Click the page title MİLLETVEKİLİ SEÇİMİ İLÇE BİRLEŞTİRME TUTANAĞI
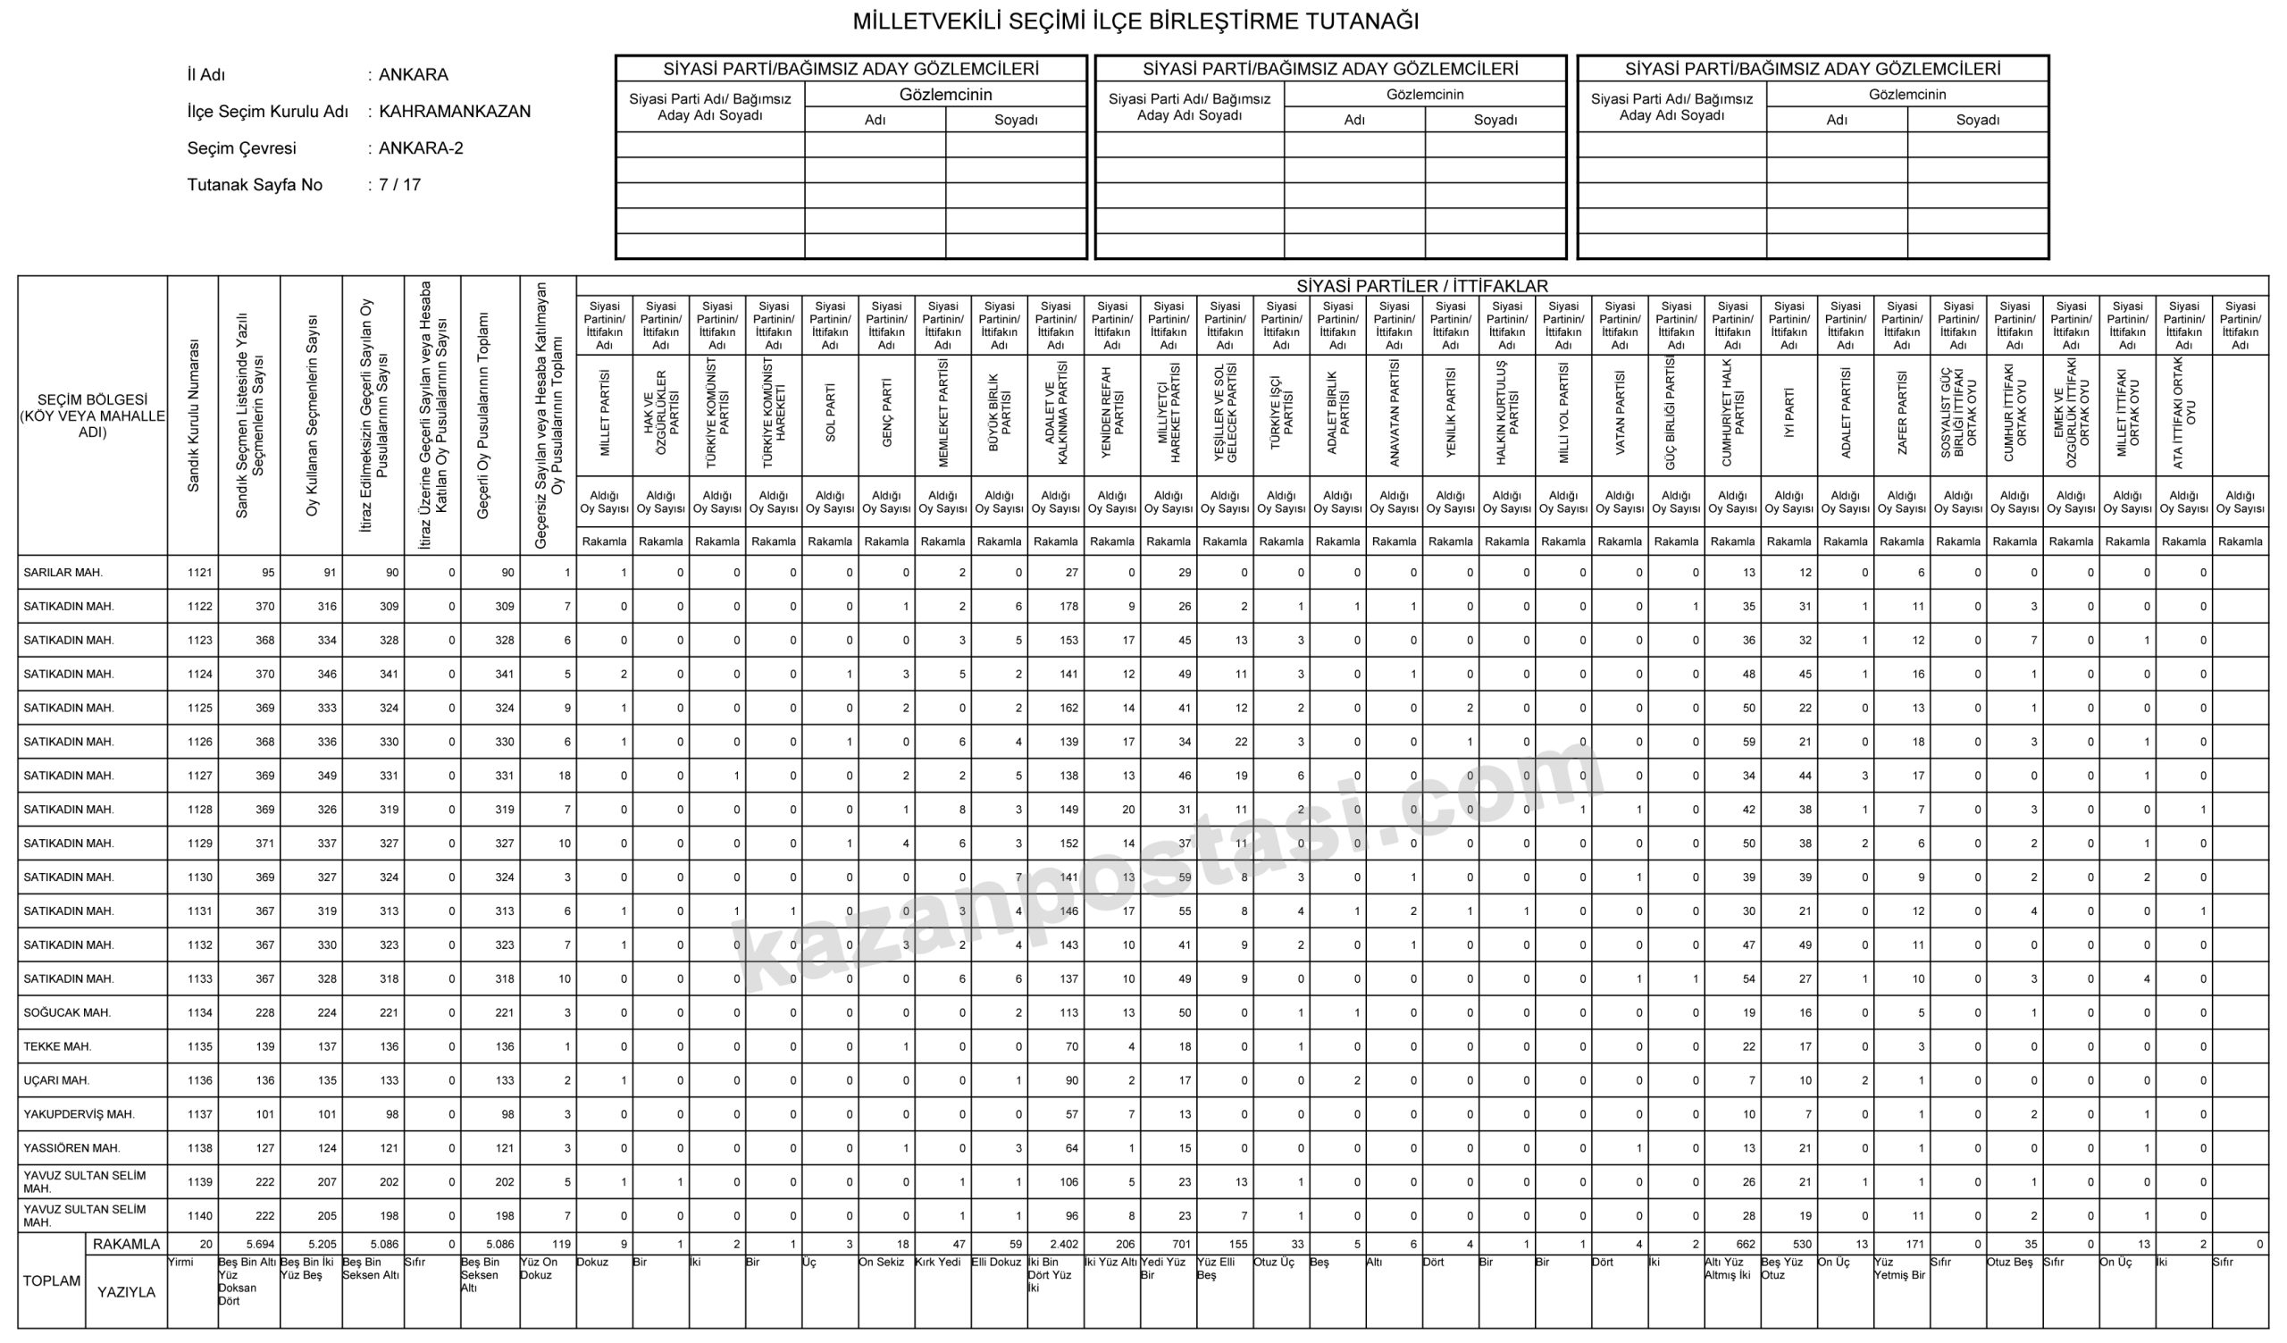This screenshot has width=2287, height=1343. coord(1135,21)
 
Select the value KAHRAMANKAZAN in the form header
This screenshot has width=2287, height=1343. coord(455,112)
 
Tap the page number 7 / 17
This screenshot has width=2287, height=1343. coord(399,185)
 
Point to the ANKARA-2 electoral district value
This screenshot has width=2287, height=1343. coord(421,148)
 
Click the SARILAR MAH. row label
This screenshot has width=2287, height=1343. coord(63,573)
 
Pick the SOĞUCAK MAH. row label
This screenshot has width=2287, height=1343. coord(67,1012)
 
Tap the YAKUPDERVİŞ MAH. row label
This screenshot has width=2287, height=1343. coord(79,1114)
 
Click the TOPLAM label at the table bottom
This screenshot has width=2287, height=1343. coord(52,1280)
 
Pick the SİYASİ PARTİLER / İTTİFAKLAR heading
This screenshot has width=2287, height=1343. coord(1422,286)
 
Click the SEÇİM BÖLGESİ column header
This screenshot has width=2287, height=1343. coord(93,415)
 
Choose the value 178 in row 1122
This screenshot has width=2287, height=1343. coord(1068,606)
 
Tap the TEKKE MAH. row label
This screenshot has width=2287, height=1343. coord(58,1046)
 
